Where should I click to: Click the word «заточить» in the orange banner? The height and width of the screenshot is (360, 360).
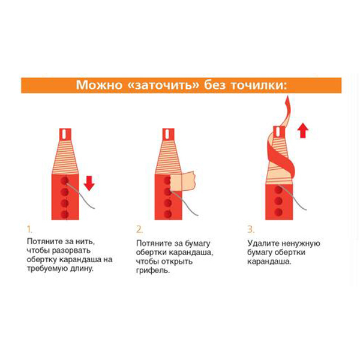point(163,85)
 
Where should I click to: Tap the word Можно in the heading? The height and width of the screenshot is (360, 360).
point(99,85)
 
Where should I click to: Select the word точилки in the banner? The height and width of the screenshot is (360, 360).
point(259,85)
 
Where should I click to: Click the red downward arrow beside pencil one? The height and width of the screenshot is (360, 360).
point(89,183)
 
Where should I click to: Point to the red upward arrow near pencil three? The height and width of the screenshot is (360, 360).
point(303,130)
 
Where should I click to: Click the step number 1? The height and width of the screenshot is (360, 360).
point(29,229)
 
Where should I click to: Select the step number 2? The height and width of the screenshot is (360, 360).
point(139,229)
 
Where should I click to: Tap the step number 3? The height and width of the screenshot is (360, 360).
point(251,229)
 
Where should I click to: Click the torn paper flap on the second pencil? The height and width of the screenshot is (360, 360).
point(183,181)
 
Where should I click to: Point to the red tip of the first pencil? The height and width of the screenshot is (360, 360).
point(65,134)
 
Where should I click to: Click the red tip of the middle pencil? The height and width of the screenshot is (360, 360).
point(168,134)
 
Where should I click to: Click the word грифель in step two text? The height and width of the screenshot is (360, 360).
point(153,271)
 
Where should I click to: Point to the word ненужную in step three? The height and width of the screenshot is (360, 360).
point(301,244)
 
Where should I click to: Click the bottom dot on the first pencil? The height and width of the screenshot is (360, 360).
point(65,214)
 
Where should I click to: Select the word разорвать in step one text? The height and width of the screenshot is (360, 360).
point(71,251)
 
